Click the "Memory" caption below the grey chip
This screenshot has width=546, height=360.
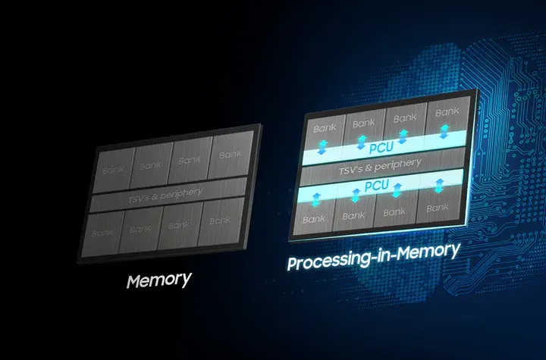pyautogui.click(x=158, y=280)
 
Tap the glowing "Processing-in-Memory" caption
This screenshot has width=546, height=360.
pyautogui.click(x=373, y=257)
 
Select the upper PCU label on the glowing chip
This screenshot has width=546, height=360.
pyautogui.click(x=381, y=148)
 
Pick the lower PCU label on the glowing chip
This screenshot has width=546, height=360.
pyautogui.click(x=376, y=185)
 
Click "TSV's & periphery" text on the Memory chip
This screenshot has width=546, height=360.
pyautogui.click(x=165, y=196)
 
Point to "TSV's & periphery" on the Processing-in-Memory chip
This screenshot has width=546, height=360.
pyautogui.click(x=380, y=167)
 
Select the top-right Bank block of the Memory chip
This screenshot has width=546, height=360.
pyautogui.click(x=231, y=154)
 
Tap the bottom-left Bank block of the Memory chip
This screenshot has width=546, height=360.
pyautogui.click(x=102, y=234)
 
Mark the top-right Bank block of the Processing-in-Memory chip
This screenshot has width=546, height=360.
pyautogui.click(x=447, y=117)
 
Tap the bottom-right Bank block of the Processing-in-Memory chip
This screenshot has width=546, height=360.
pyautogui.click(x=438, y=205)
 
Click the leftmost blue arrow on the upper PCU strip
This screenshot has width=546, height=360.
pyautogui.click(x=323, y=147)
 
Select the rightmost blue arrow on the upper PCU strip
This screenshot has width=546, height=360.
pyautogui.click(x=444, y=132)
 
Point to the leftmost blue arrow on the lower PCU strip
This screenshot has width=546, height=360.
pyautogui.click(x=315, y=200)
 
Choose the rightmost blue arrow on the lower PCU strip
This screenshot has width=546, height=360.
pyautogui.click(x=439, y=186)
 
